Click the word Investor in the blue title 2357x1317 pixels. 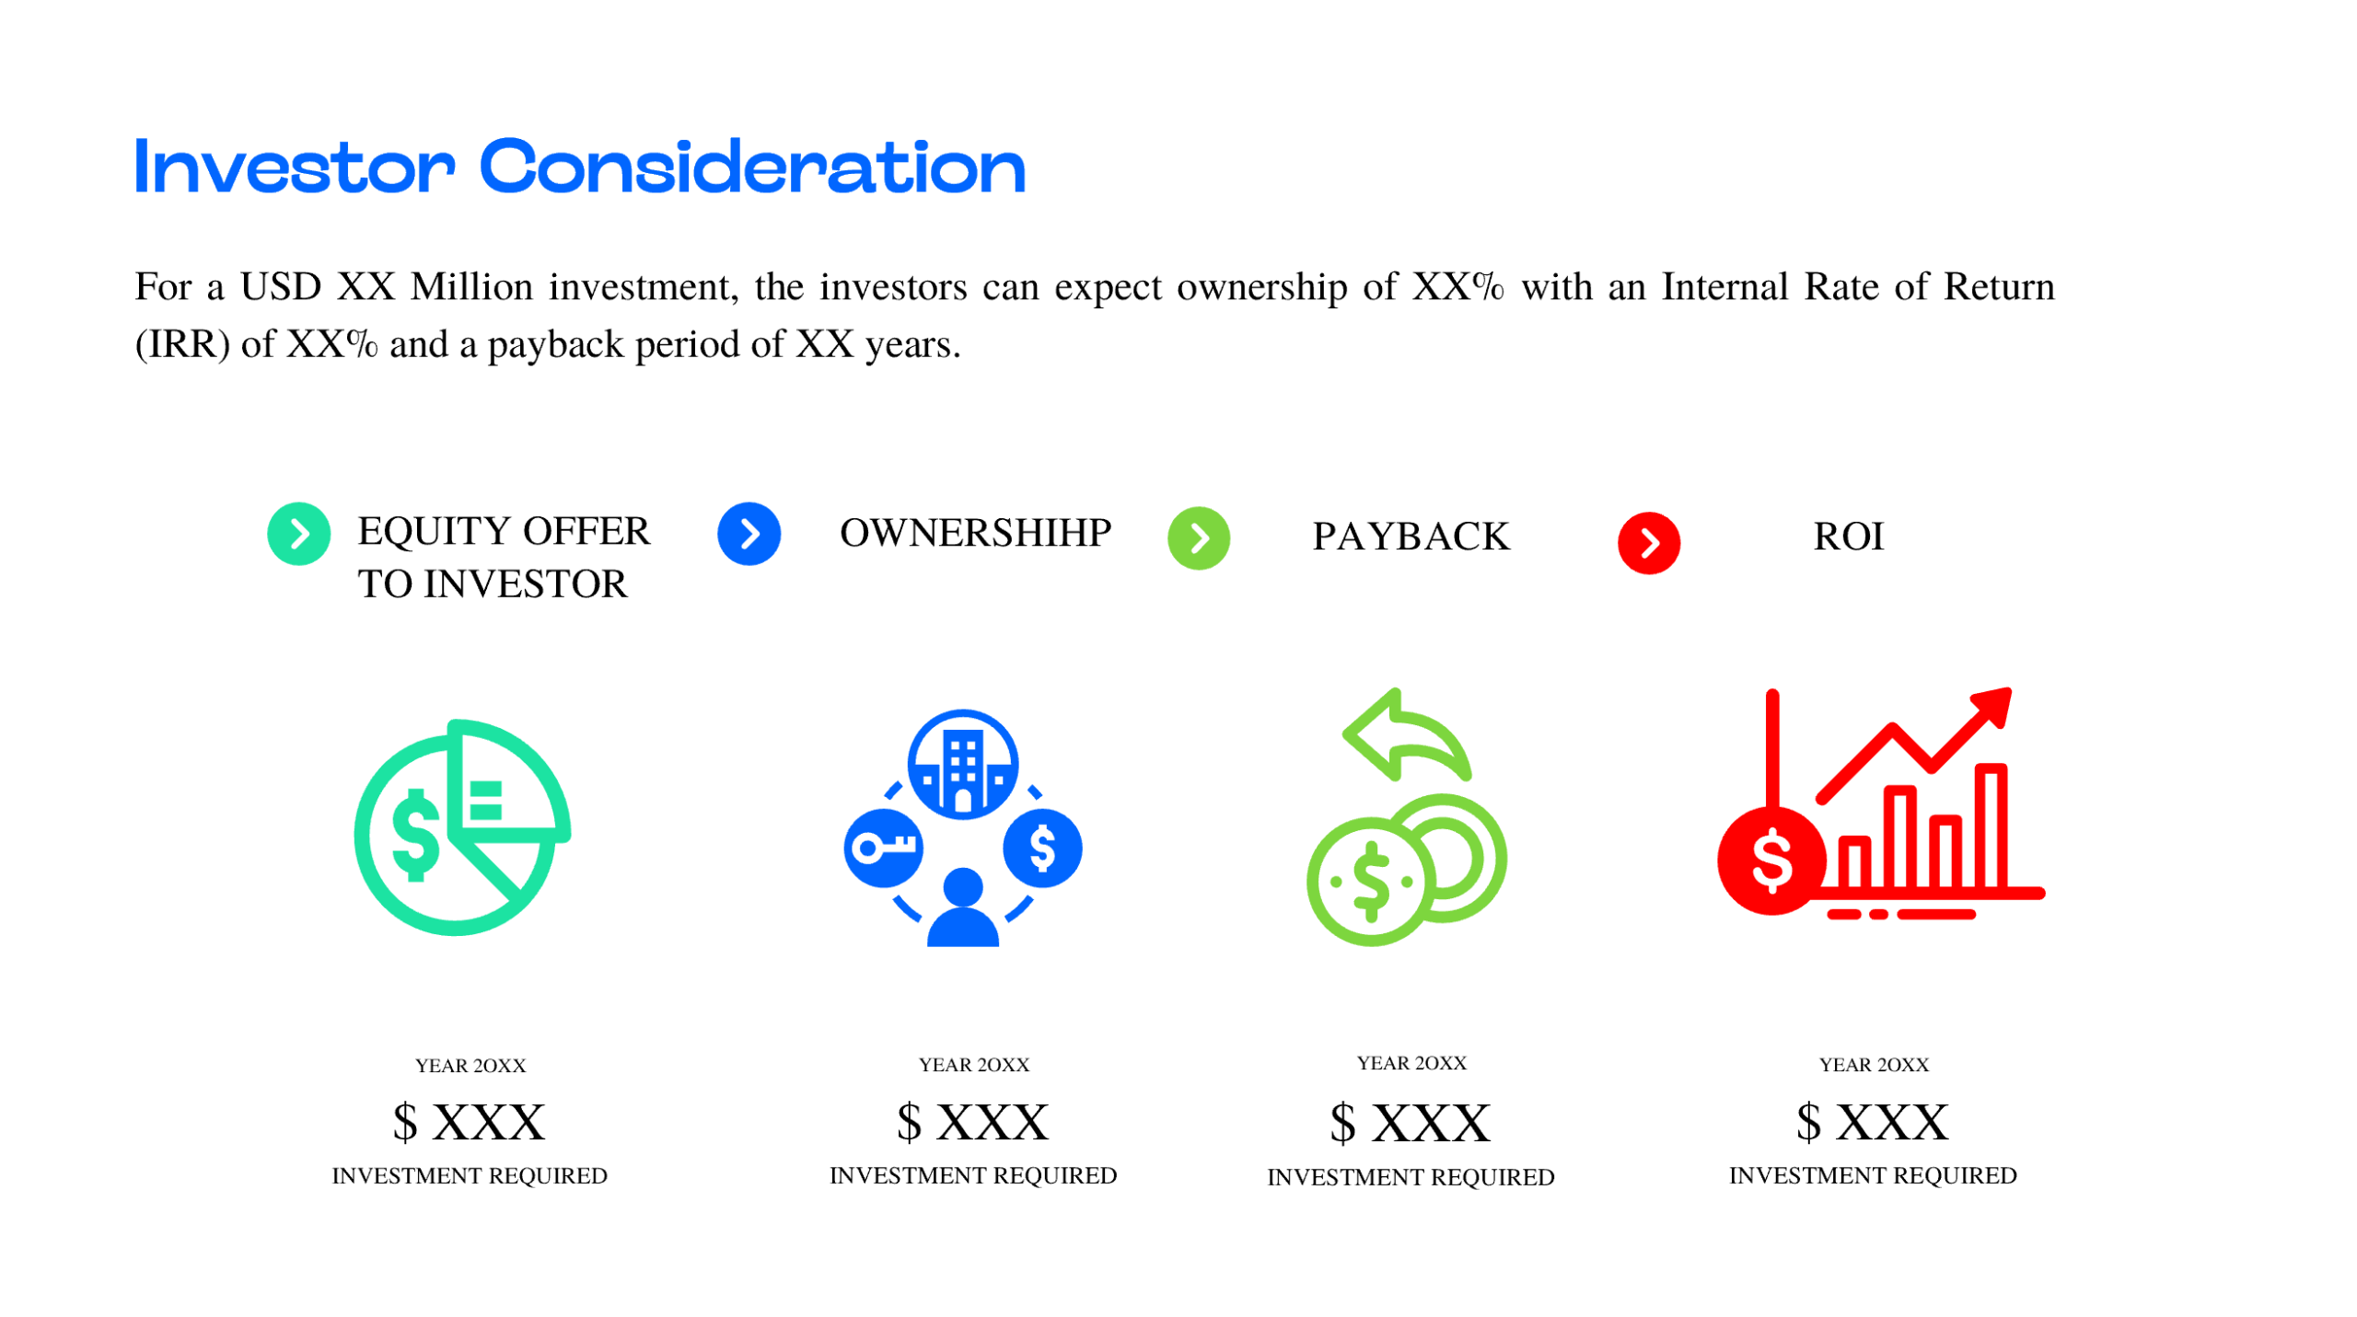[x=295, y=168]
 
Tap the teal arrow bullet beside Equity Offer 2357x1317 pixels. [x=298, y=533]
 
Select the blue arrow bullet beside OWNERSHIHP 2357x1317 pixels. [x=749, y=533]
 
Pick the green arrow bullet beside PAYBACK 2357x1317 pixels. [x=1198, y=537]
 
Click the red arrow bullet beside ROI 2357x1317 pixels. [x=1648, y=542]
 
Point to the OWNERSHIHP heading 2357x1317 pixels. [x=975, y=533]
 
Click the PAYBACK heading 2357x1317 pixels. [x=1411, y=537]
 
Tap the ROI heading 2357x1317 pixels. [x=1848, y=537]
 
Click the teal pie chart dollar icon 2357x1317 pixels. [x=460, y=828]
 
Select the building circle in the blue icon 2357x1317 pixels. [x=962, y=764]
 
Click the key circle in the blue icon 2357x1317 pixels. [x=883, y=848]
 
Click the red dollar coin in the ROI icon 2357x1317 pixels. [x=1771, y=861]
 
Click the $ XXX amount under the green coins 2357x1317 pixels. [x=1410, y=1123]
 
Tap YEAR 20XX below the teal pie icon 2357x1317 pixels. [x=470, y=1065]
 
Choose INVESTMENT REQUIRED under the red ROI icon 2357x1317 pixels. [x=1872, y=1175]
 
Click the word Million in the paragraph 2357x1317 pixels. [x=471, y=287]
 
